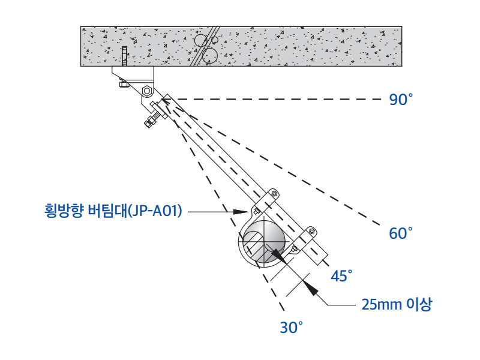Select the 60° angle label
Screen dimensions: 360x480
(x=401, y=233)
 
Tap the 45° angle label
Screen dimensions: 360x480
(x=341, y=276)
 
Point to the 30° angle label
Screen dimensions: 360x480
(x=292, y=328)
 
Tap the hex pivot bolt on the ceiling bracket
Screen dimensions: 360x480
(x=147, y=91)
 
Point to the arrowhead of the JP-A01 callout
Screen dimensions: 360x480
(x=242, y=211)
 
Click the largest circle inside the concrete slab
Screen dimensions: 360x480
(x=209, y=55)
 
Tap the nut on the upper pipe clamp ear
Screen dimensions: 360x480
(x=273, y=194)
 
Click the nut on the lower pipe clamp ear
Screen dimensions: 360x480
(x=311, y=230)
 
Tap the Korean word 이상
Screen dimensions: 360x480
(x=419, y=304)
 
